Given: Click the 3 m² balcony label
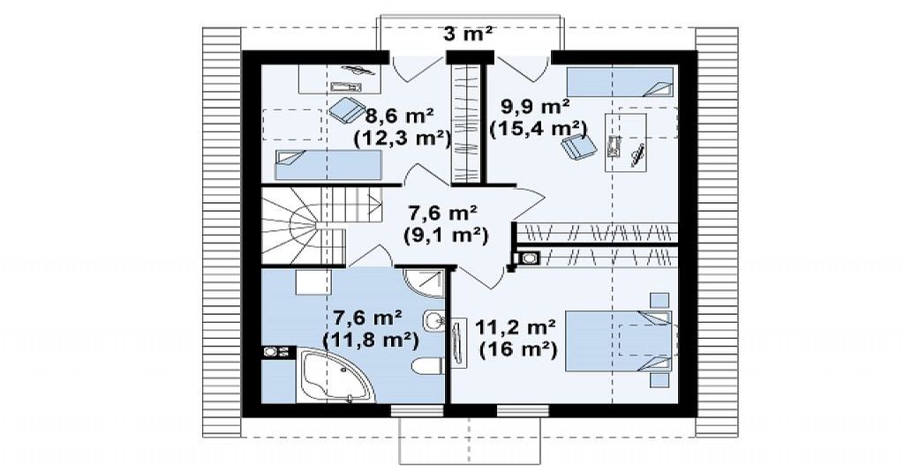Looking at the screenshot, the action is [x=468, y=34].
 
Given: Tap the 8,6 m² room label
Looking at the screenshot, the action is [x=400, y=116].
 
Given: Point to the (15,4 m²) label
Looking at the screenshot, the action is [x=538, y=128].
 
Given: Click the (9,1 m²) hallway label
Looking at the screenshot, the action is [x=445, y=236].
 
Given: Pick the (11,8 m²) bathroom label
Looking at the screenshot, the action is [x=370, y=339].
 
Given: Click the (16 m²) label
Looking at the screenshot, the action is [x=518, y=349].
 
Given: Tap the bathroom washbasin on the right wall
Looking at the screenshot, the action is [x=433, y=321].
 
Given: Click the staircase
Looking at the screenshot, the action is [x=319, y=225].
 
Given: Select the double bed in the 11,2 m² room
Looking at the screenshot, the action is [x=618, y=341].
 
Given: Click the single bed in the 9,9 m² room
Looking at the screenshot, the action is [x=621, y=82].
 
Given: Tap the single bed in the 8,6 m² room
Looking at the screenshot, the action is [x=328, y=165].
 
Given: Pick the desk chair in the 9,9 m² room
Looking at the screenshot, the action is [x=577, y=146].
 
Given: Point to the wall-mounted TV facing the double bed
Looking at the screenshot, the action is [x=459, y=343].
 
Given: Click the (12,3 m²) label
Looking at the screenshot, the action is [x=402, y=139].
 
